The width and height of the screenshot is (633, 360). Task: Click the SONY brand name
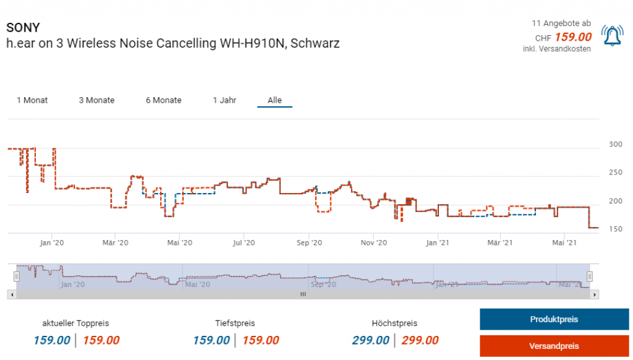[23, 28]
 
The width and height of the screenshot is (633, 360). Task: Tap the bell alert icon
[612, 36]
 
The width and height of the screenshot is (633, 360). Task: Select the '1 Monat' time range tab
[32, 100]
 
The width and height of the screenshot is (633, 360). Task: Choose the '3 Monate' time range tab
[96, 100]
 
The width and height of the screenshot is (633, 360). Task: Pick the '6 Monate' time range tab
[164, 100]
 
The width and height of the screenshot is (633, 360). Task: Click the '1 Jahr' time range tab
[224, 100]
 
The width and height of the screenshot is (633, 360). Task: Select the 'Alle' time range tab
[274, 100]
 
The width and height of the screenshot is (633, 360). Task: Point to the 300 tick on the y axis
[616, 144]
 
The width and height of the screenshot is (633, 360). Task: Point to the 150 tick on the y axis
[616, 229]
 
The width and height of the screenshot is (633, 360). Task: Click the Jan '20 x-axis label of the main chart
[52, 242]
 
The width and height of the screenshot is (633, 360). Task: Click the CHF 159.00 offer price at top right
[573, 37]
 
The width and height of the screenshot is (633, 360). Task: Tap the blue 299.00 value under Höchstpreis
[371, 340]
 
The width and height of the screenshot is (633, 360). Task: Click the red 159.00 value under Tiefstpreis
[260, 340]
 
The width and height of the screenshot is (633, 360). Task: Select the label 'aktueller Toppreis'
[75, 323]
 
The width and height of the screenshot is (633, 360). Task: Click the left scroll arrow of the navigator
[11, 294]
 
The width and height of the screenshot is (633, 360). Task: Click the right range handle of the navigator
[590, 276]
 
